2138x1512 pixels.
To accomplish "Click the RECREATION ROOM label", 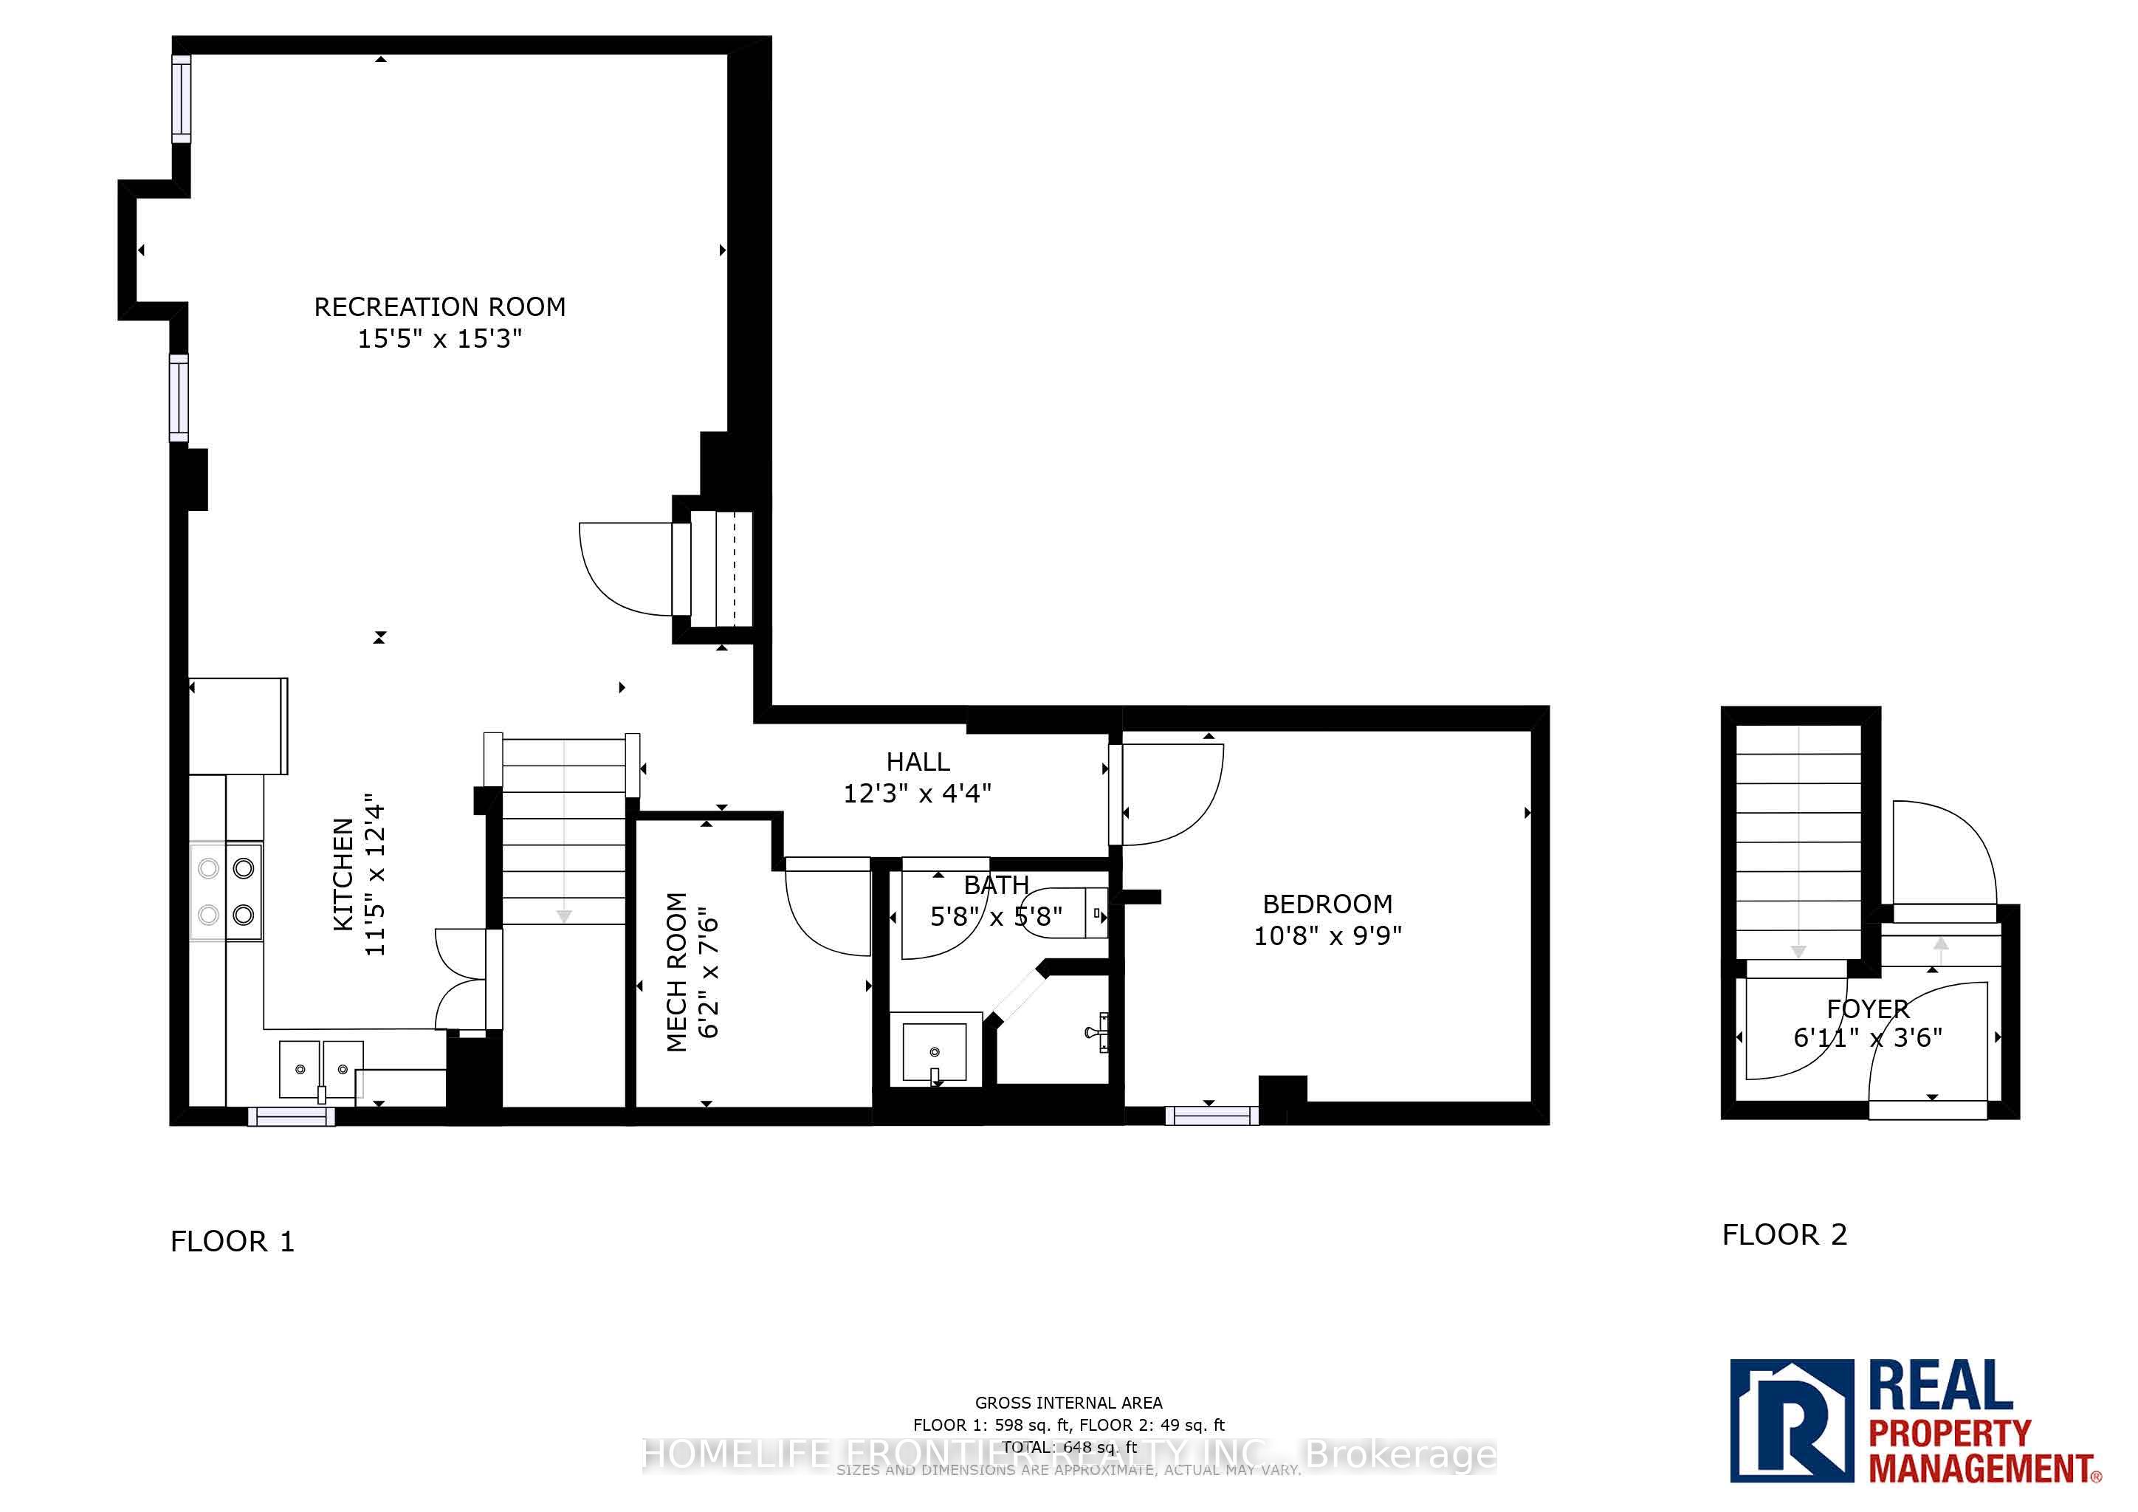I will [439, 306].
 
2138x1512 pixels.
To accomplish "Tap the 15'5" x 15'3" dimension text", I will [439, 338].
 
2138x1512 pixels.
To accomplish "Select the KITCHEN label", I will [343, 874].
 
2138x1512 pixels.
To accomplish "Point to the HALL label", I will [917, 762].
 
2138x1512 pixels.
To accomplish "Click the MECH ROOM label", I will [677, 972].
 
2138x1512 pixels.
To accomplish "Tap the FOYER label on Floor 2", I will [1867, 1008].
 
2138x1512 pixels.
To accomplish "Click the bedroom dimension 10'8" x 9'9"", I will [1327, 935].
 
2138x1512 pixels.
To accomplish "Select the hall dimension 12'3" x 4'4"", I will [917, 793].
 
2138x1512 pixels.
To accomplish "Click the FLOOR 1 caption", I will [232, 1241].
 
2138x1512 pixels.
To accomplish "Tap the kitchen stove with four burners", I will [227, 892].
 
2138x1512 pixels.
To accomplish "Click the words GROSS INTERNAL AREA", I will [1068, 1402].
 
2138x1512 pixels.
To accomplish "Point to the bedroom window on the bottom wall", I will [1211, 1115].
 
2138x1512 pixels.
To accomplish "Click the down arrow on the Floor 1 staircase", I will [563, 916].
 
